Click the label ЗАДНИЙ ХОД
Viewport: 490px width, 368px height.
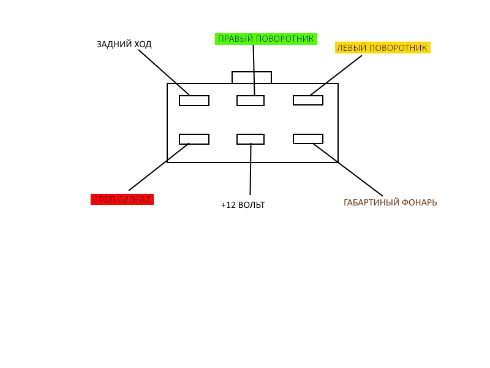click(x=124, y=44)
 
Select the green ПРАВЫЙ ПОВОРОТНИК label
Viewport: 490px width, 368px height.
click(x=266, y=39)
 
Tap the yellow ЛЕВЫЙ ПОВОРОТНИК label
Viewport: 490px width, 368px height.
click(x=382, y=48)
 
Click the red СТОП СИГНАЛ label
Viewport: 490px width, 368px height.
click(x=122, y=199)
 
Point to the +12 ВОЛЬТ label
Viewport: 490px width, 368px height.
click(x=243, y=205)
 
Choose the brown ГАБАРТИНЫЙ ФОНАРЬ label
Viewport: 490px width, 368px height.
click(x=390, y=203)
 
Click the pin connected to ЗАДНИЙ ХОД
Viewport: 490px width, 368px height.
click(x=194, y=101)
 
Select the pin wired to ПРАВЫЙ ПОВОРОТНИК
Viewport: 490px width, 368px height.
click(x=251, y=101)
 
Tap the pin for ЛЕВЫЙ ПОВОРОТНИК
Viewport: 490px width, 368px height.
click(x=308, y=100)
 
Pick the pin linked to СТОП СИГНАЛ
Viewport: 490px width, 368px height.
click(x=194, y=139)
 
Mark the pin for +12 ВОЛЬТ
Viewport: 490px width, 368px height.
click(x=251, y=139)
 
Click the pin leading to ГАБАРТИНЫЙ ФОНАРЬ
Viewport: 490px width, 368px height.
click(x=308, y=139)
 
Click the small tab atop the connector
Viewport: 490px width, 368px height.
click(x=252, y=77)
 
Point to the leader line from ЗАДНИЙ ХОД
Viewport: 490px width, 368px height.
click(x=164, y=72)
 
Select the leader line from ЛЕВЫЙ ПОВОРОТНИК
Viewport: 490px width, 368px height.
click(x=336, y=75)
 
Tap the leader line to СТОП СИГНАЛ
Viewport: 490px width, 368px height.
click(x=159, y=167)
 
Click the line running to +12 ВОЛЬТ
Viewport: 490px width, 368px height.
click(x=251, y=169)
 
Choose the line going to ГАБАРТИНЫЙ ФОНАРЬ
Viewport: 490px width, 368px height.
click(x=348, y=170)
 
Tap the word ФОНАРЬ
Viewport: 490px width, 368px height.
click(x=419, y=203)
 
